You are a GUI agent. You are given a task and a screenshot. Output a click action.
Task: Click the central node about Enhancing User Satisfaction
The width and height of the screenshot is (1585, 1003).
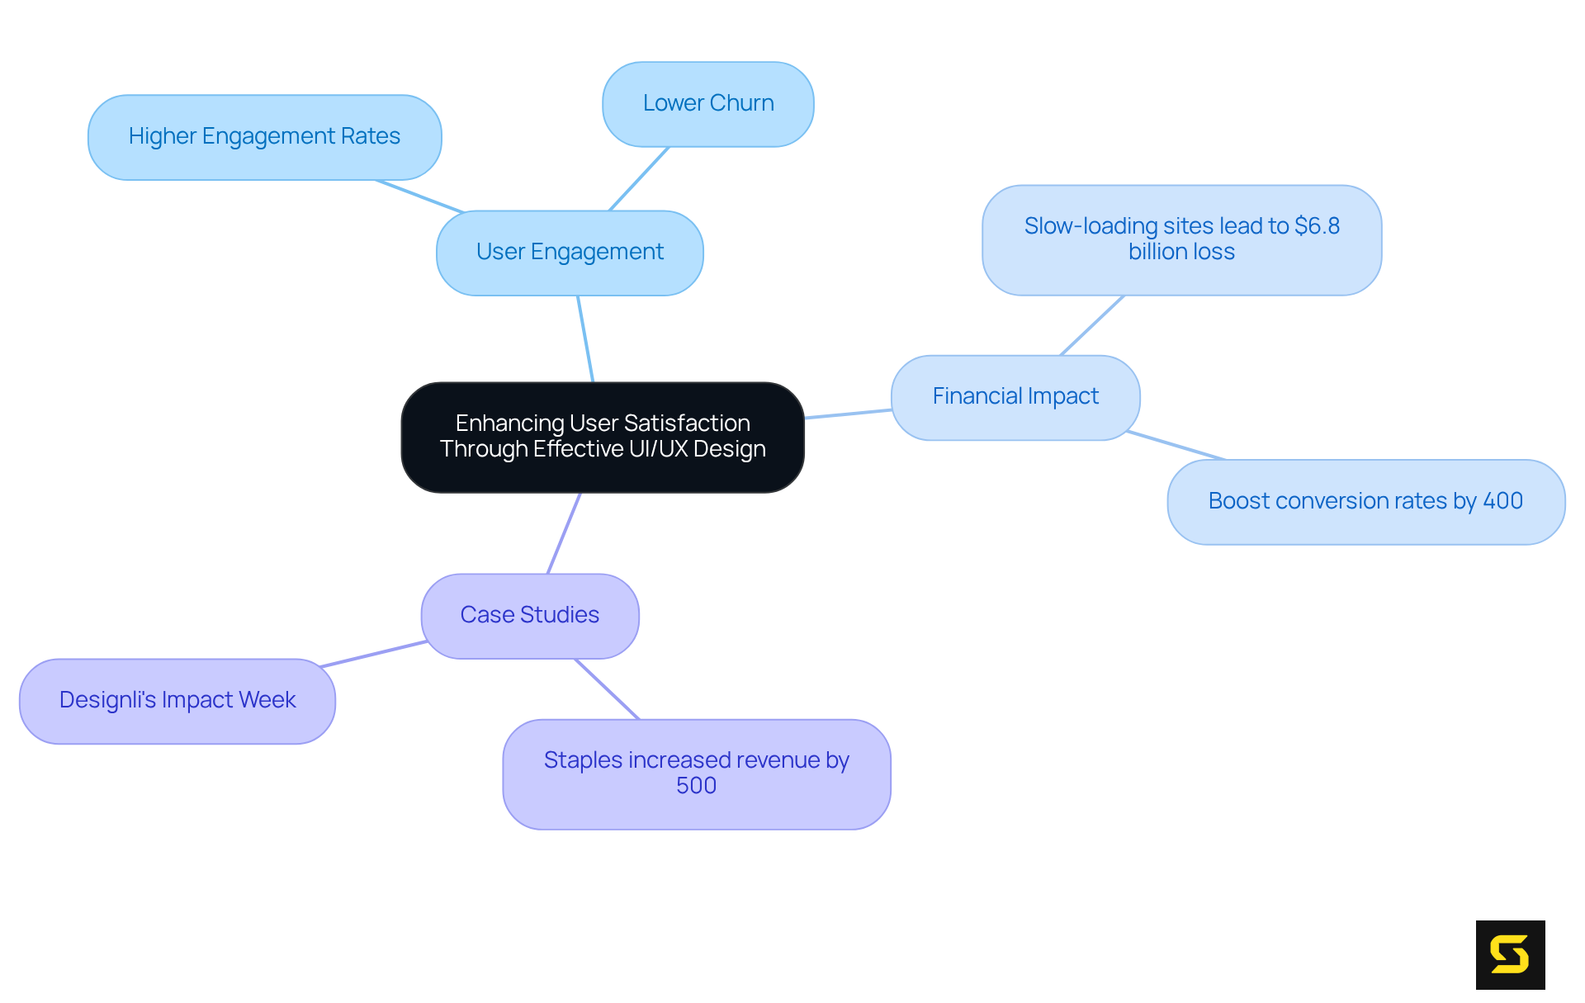(x=603, y=437)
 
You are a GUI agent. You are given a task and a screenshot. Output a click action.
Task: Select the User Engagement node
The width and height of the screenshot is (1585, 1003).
(x=570, y=253)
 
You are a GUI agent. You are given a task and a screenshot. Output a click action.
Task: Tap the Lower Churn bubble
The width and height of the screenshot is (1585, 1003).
(x=707, y=104)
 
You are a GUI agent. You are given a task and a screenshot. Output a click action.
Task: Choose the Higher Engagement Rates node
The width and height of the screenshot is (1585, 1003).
(x=264, y=137)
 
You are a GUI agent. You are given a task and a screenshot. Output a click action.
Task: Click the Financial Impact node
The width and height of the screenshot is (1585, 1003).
(x=1015, y=397)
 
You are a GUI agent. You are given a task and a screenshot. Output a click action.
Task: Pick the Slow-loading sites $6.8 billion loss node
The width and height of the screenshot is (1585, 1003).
(x=1181, y=239)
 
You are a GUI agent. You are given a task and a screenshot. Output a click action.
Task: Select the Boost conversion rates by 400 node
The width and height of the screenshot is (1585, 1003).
(x=1365, y=502)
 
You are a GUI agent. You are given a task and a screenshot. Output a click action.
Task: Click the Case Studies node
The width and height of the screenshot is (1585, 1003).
(x=529, y=616)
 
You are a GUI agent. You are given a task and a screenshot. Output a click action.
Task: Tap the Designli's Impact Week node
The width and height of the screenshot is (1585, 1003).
(x=177, y=701)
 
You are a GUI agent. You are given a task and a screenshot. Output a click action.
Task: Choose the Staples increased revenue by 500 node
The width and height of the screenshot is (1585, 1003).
(x=696, y=774)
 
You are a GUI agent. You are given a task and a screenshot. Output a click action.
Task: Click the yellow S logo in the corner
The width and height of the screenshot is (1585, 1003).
(x=1510, y=954)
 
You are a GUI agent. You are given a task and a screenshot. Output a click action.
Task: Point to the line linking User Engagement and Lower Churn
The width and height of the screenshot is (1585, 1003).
(x=639, y=178)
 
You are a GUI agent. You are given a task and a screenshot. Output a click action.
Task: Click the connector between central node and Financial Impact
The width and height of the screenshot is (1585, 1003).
(x=848, y=414)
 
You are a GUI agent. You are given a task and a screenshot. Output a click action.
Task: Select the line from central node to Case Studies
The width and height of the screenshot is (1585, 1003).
(x=564, y=533)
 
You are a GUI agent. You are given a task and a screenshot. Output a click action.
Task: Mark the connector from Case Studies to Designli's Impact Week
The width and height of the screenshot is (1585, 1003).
(x=373, y=654)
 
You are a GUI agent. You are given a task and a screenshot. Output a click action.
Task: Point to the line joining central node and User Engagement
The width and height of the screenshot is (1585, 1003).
(x=585, y=338)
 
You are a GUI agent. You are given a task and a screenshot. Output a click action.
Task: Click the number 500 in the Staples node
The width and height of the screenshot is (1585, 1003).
(x=696, y=786)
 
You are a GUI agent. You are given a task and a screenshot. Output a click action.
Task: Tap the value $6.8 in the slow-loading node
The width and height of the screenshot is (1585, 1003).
(x=1317, y=226)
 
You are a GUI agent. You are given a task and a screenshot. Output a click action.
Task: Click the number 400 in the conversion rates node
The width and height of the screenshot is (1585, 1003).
(x=1502, y=501)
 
